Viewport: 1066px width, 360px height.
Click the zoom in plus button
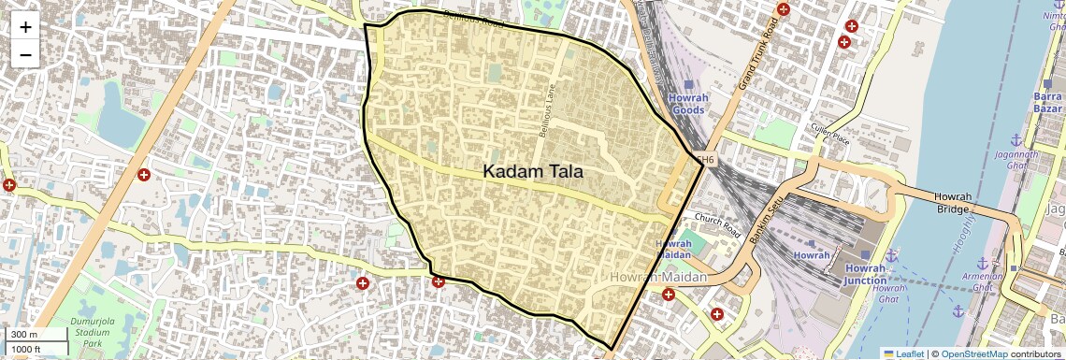click(25, 27)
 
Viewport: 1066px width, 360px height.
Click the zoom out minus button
click(25, 54)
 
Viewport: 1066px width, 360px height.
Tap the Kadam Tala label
click(533, 172)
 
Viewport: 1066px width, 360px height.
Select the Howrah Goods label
click(688, 104)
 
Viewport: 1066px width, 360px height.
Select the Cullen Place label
click(830, 134)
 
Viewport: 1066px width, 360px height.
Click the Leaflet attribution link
click(910, 353)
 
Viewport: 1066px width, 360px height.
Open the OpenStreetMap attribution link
click(974, 353)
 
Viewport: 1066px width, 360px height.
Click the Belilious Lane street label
click(546, 113)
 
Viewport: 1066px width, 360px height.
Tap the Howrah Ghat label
click(888, 294)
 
